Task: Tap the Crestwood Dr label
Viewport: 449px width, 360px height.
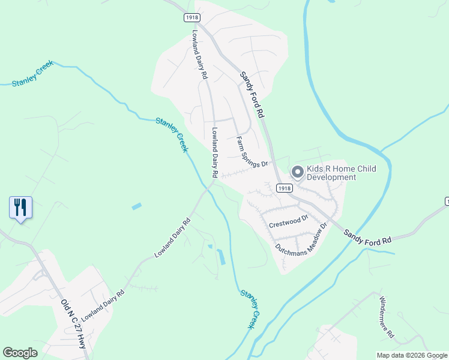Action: pyautogui.click(x=288, y=221)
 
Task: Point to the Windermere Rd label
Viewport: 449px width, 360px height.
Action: pyautogui.click(x=385, y=316)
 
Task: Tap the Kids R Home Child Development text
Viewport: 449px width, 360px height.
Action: pyautogui.click(x=341, y=173)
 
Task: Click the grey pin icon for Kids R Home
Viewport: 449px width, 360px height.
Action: pyautogui.click(x=297, y=173)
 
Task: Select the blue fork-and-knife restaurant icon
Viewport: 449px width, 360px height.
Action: pyautogui.click(x=21, y=208)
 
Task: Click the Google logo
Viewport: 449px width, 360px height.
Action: pyautogui.click(x=20, y=353)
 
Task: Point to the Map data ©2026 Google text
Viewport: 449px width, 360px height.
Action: pyautogui.click(x=411, y=355)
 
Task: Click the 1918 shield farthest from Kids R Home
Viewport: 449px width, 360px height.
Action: pyautogui.click(x=191, y=18)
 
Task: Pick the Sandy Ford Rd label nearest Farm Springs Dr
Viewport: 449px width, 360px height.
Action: pyautogui.click(x=252, y=94)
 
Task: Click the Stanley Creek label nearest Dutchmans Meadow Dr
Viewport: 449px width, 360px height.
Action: pyautogui.click(x=252, y=309)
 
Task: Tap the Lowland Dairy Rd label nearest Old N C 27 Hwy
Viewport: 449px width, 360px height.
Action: pyautogui.click(x=103, y=305)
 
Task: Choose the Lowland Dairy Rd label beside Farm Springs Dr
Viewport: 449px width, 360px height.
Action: pyautogui.click(x=214, y=151)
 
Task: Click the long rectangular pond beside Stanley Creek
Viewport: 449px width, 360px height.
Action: pyautogui.click(x=220, y=257)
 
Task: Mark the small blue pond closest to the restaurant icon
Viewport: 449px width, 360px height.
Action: pyautogui.click(x=136, y=206)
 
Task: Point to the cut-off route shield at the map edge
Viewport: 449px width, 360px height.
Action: pyautogui.click(x=447, y=200)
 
